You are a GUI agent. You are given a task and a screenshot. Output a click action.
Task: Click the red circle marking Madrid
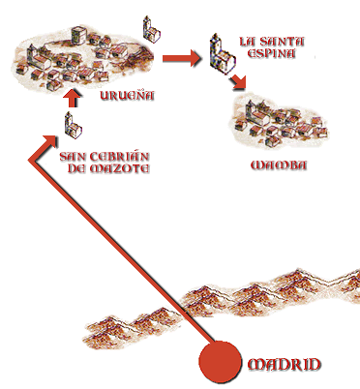point(221,364)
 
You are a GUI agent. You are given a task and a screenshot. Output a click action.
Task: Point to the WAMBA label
point(278,165)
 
